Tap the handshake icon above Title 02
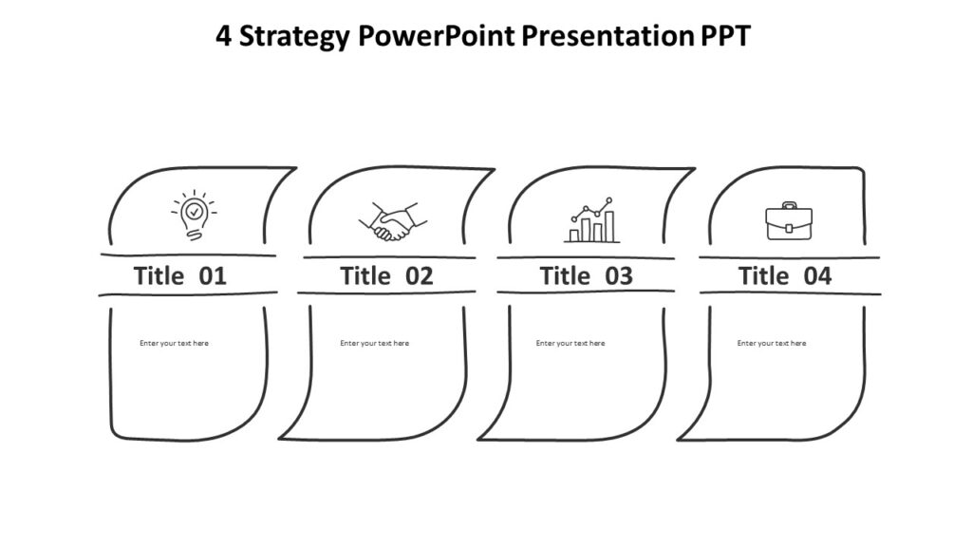point(392,222)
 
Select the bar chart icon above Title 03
point(590,221)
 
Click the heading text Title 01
point(180,276)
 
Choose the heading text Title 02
point(386,276)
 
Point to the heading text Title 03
point(586,276)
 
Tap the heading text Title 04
point(785,276)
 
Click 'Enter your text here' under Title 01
point(174,343)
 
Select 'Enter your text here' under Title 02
point(374,343)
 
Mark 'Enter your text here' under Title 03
point(570,343)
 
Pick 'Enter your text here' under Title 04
point(771,343)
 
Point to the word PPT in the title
point(726,36)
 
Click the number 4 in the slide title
point(224,36)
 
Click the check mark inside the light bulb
point(194,210)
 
